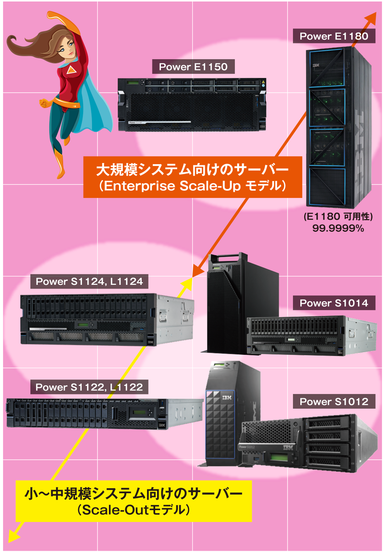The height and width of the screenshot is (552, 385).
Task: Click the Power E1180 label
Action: [x=334, y=36]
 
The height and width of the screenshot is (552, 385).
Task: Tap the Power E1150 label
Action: [x=193, y=67]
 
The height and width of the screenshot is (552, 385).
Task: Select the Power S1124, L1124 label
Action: [x=89, y=281]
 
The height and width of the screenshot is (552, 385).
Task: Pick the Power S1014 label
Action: [x=334, y=303]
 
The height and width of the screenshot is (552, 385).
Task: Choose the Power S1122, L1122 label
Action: [x=89, y=387]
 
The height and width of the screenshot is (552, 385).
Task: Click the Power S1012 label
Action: [x=334, y=402]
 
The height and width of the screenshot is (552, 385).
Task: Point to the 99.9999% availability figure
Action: [x=338, y=228]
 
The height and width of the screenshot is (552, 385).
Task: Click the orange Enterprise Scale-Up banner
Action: [x=192, y=177]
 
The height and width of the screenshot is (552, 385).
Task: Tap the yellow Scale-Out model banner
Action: [x=134, y=501]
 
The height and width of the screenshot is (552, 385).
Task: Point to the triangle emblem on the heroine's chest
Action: [x=71, y=70]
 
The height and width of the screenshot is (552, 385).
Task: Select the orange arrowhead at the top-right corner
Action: [x=371, y=18]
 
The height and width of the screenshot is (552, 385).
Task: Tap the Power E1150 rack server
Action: [x=192, y=105]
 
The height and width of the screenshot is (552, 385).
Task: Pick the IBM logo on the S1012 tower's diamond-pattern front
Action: [x=227, y=397]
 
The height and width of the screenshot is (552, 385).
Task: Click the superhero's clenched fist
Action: [x=45, y=103]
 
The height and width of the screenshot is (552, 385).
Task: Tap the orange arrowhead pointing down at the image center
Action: [x=198, y=271]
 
